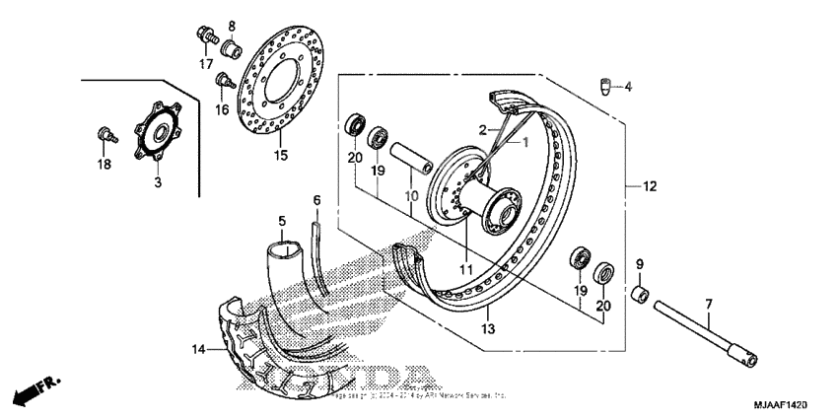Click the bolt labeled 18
[x=102, y=133]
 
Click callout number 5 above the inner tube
[x=281, y=221]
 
